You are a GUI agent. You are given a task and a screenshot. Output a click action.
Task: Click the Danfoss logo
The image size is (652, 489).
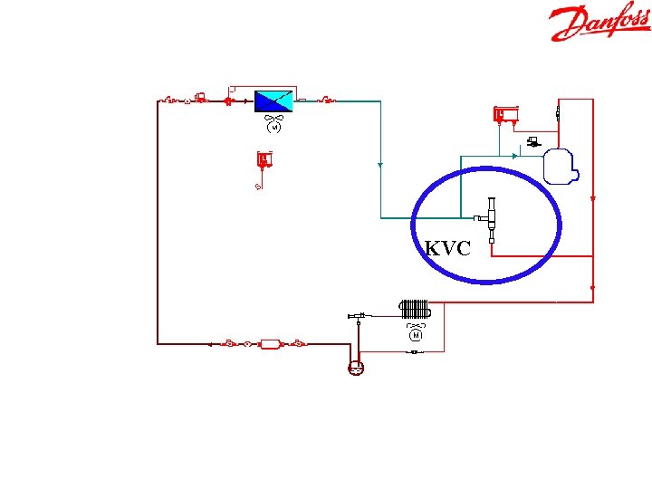[x=599, y=24]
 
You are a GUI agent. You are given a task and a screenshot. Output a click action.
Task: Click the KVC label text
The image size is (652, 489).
[x=447, y=248]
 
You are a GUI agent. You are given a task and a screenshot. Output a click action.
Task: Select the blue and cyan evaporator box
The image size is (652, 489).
[x=273, y=101]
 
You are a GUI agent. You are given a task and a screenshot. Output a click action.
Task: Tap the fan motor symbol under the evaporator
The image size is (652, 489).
[x=273, y=126]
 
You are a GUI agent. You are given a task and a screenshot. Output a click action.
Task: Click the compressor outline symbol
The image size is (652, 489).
[x=558, y=165]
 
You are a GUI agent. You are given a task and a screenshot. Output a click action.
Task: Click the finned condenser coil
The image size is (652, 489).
[x=416, y=308]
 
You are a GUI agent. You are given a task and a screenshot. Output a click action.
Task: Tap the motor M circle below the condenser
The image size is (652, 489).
[x=416, y=335]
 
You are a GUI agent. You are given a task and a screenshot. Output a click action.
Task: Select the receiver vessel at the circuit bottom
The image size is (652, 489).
[x=356, y=368]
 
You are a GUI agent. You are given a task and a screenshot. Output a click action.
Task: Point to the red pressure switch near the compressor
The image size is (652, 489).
[x=504, y=115]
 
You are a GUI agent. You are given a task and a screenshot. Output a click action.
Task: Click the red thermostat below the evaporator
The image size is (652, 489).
[x=264, y=161]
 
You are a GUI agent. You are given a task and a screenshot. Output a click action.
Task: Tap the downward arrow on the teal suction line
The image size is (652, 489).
[x=380, y=165]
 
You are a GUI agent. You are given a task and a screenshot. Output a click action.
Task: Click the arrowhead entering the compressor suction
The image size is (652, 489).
[x=514, y=156]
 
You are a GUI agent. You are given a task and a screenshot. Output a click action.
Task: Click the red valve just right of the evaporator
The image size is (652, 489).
[x=329, y=100]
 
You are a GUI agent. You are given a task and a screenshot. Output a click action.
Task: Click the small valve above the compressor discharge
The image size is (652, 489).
[x=559, y=115]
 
